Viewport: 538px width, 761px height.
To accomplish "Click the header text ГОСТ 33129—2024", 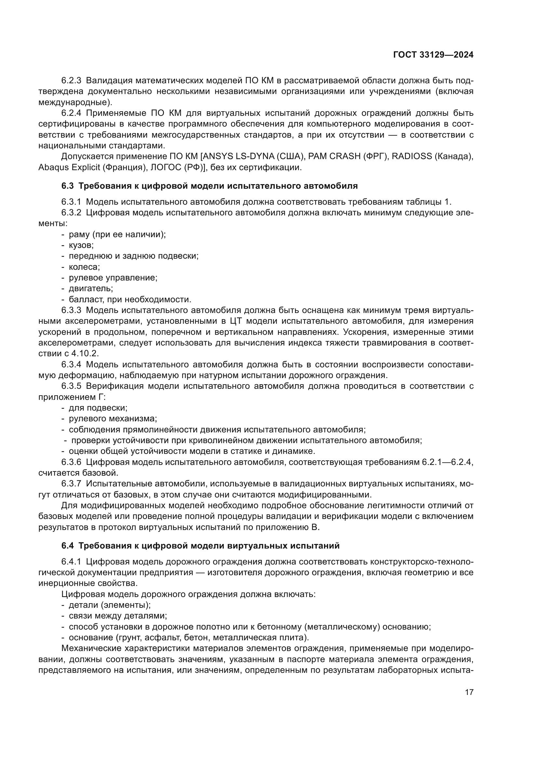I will (433, 55).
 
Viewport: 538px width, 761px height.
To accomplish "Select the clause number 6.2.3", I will (71, 81).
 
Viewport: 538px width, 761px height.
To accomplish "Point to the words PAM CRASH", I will (334, 156).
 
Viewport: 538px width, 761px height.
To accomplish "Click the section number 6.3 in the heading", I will (68, 186).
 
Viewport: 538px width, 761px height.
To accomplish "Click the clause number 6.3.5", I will (71, 386).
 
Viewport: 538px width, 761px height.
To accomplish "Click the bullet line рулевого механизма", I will (113, 419).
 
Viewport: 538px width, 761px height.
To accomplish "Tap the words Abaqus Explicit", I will (69, 167).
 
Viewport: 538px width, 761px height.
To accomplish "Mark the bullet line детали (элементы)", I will (109, 605).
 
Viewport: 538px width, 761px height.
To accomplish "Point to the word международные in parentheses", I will (74, 102).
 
